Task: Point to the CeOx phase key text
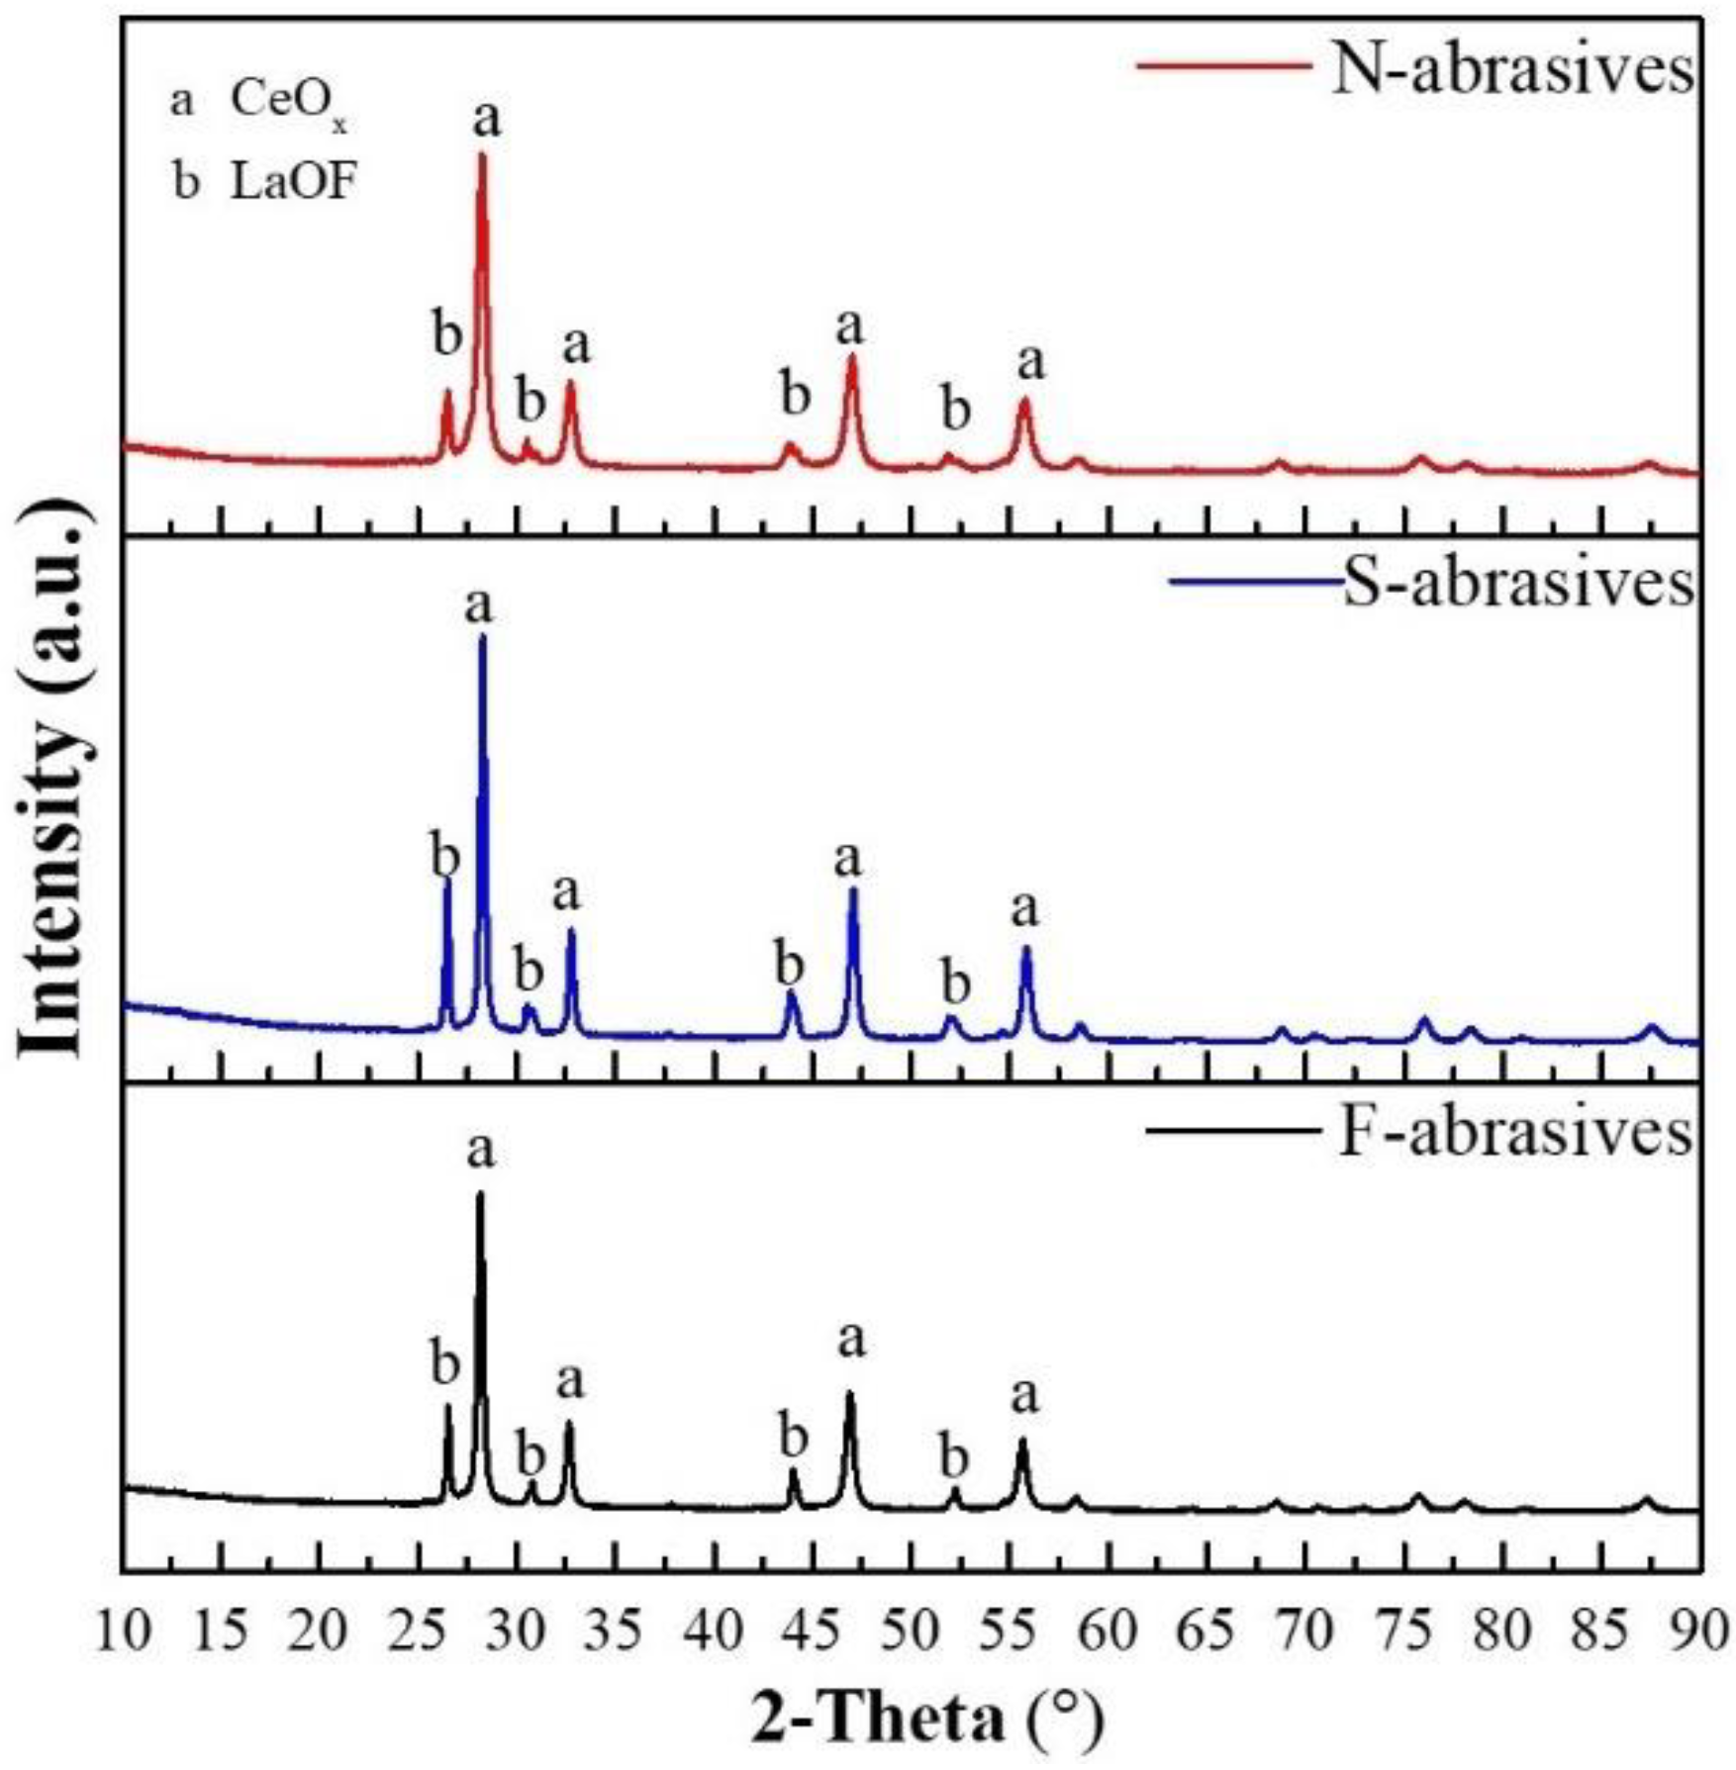pos(287,102)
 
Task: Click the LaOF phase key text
pos(293,182)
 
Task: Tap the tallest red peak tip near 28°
pos(482,154)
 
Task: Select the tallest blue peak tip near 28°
pos(482,636)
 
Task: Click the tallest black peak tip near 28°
pos(480,1193)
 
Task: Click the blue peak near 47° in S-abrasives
pos(853,890)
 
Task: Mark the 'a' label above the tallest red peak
pos(487,119)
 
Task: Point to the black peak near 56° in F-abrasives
pos(1022,1442)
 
